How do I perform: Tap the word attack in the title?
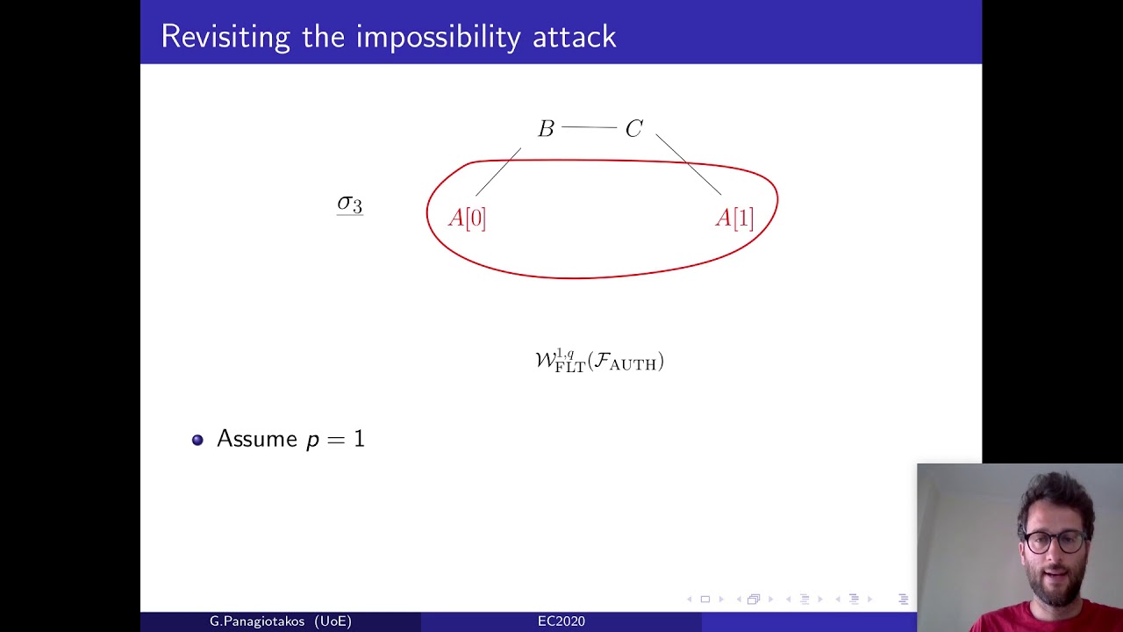click(x=575, y=38)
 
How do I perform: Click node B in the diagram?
click(x=546, y=128)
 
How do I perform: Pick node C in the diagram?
click(x=634, y=128)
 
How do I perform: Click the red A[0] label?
click(x=467, y=219)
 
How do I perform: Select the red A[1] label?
click(x=734, y=219)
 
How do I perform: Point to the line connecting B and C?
click(x=589, y=127)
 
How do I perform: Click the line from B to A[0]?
click(x=498, y=171)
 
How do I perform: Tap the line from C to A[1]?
click(x=689, y=164)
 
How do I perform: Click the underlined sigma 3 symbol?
click(x=350, y=205)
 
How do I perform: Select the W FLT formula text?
click(x=599, y=361)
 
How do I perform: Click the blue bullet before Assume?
click(x=197, y=440)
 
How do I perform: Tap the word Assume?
click(x=257, y=439)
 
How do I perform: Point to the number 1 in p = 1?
click(x=359, y=439)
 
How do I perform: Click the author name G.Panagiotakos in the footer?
click(x=257, y=621)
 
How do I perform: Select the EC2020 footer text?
click(x=561, y=621)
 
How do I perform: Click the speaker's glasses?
click(x=1054, y=542)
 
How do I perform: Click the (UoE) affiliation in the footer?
click(x=333, y=621)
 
